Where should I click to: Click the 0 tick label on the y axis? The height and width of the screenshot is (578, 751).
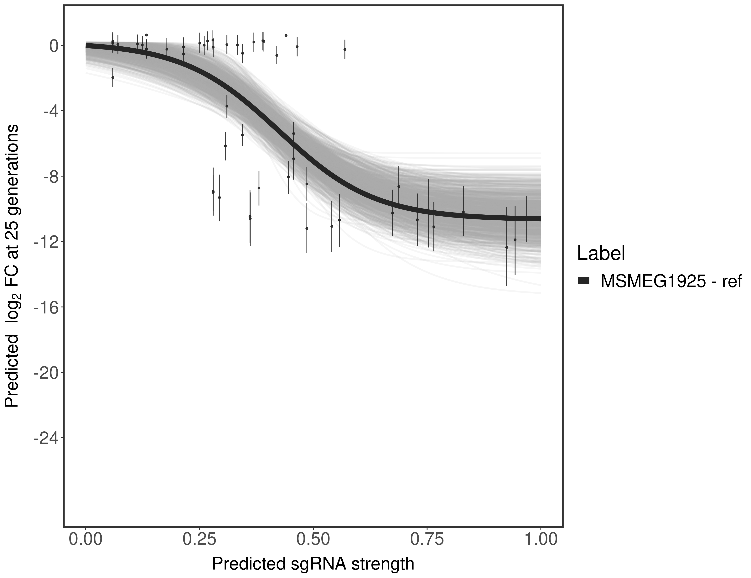(x=54, y=46)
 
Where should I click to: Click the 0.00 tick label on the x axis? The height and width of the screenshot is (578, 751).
(x=86, y=539)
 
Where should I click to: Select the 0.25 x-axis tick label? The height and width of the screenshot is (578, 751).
(x=199, y=539)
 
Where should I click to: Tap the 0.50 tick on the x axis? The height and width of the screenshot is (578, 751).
(x=313, y=539)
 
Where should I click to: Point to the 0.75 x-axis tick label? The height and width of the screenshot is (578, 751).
(x=427, y=539)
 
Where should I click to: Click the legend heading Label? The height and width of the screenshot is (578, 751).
(x=601, y=254)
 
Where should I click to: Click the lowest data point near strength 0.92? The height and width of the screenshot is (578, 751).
(x=506, y=247)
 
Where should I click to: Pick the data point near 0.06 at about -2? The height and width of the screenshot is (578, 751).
(x=113, y=77)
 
